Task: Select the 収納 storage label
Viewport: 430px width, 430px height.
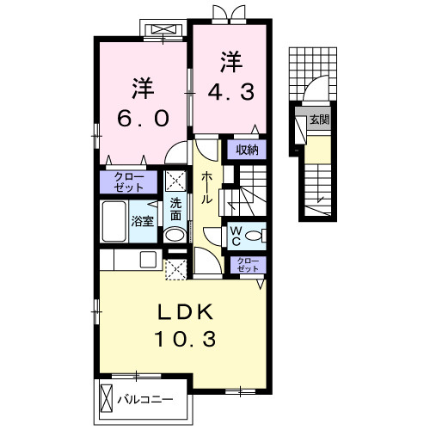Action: [x=248, y=150]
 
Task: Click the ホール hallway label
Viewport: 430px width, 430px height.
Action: [x=208, y=187]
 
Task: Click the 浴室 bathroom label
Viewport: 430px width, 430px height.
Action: [x=142, y=221]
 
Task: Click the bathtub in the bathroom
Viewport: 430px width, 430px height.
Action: [x=114, y=222]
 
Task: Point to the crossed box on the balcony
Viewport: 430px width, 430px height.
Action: [x=107, y=400]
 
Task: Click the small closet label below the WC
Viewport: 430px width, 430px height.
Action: [x=247, y=265]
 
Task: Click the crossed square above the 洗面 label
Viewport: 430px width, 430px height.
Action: [x=175, y=181]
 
